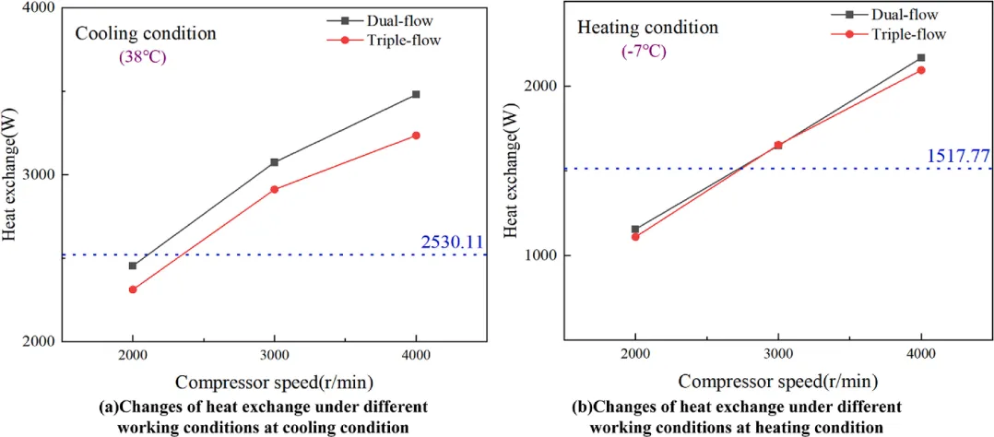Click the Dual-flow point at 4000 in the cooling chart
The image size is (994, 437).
point(416,94)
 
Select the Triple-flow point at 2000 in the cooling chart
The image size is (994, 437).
point(133,289)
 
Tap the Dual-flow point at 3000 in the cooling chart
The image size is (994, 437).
point(274,162)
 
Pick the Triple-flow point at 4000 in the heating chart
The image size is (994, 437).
point(920,70)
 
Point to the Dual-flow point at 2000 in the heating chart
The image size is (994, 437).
point(635,229)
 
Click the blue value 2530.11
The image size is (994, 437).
point(452,242)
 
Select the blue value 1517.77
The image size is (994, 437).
point(959,156)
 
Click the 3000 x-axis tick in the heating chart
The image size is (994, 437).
point(777,355)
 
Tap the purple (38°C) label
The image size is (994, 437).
point(141,56)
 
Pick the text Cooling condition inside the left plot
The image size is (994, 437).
point(146,34)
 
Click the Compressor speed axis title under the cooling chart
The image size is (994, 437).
point(276,381)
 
